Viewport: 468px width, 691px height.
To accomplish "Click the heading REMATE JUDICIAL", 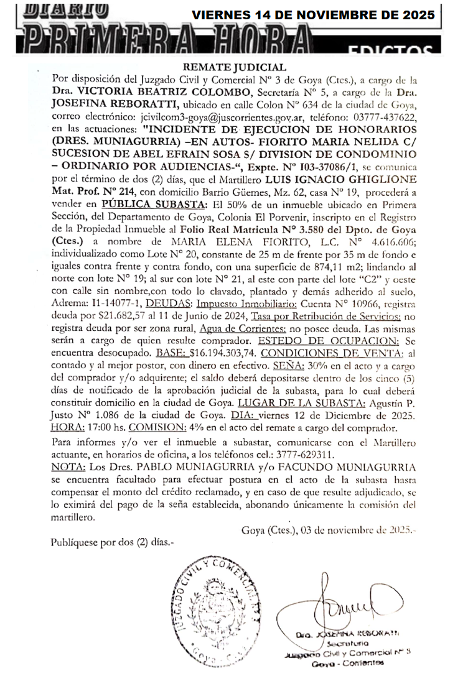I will (x=235, y=67).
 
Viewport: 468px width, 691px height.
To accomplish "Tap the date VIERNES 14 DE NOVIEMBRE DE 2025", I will (x=313, y=15).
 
